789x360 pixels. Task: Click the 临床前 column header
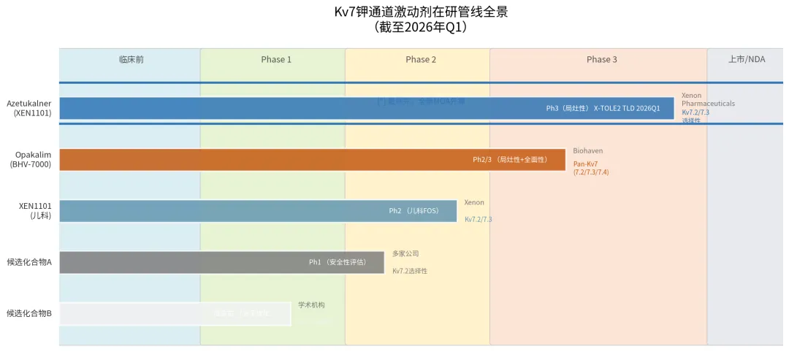(131, 59)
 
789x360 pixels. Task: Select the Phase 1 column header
(276, 59)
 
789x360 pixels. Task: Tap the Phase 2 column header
(421, 59)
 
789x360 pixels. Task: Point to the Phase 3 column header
(601, 59)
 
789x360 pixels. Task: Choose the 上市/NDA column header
(747, 59)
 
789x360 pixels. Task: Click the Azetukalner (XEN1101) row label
(29, 108)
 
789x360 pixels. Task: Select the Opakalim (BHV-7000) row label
(31, 159)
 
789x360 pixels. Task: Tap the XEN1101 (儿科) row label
(35, 210)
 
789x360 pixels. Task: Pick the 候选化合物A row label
(29, 262)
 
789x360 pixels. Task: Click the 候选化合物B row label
(29, 313)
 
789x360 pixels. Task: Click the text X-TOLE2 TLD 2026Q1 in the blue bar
(627, 108)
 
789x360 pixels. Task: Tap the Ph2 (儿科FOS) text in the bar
(413, 211)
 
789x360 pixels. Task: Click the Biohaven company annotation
(588, 150)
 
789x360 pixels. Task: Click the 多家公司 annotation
(405, 253)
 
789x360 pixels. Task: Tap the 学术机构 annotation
(311, 305)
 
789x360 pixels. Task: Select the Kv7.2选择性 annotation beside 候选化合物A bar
(410, 271)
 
